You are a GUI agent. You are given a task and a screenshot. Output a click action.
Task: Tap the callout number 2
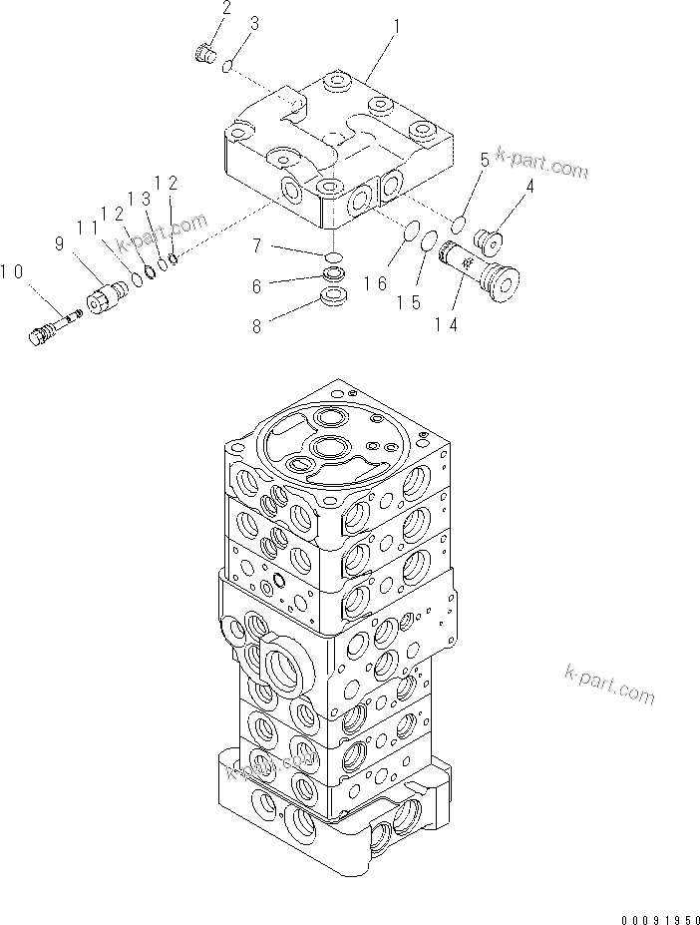[226, 10]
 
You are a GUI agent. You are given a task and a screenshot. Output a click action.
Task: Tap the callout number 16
[376, 284]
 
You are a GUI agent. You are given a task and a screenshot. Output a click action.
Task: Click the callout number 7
[256, 244]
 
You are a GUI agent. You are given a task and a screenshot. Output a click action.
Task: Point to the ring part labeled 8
[335, 296]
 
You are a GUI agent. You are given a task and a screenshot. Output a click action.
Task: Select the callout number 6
[256, 285]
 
